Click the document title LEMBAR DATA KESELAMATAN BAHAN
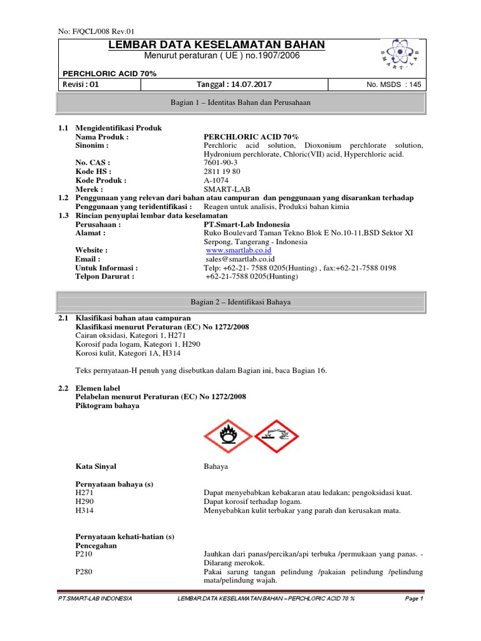click(x=217, y=44)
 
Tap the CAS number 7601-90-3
click(x=221, y=163)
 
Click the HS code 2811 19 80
click(x=222, y=172)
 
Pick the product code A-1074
click(x=217, y=180)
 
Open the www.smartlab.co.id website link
click(x=234, y=250)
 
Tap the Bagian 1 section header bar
click(x=241, y=102)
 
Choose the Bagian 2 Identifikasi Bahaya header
click(x=241, y=302)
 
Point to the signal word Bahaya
click(x=216, y=467)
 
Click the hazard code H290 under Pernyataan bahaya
click(x=83, y=502)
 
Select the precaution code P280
click(x=83, y=572)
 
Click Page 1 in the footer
click(x=414, y=599)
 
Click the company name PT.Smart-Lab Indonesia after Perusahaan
click(x=247, y=224)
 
